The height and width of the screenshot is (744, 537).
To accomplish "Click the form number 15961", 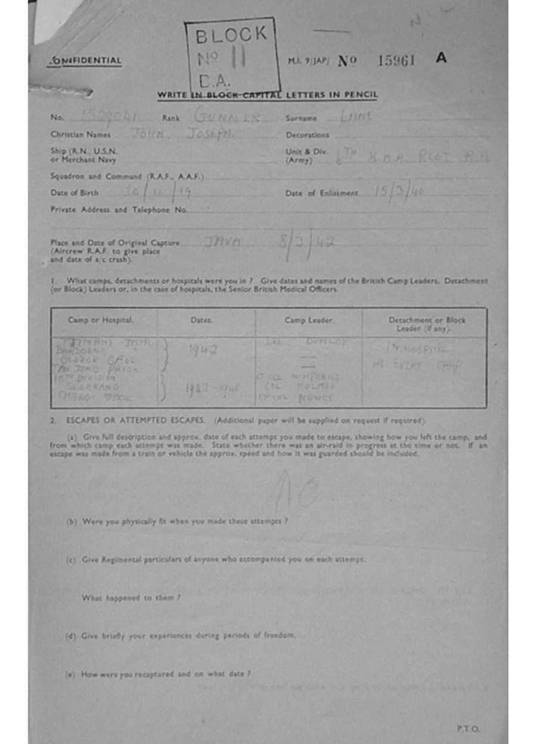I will pos(396,60).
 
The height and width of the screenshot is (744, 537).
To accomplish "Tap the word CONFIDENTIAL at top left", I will pos(85,61).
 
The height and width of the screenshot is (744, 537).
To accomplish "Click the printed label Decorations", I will pos(307,135).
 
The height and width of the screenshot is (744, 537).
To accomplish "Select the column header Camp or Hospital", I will pos(101,320).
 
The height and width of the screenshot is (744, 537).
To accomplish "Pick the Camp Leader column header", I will pos(308,320).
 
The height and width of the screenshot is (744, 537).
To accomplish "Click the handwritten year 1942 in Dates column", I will pos(203,349).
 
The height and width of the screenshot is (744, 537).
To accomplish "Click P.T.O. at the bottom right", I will pos(469,728).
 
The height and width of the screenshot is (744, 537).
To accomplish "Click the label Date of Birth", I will pos(74,193).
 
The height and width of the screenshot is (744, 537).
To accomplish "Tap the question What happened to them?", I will pos(131,597).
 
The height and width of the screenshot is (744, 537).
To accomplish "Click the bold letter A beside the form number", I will pos(441,58).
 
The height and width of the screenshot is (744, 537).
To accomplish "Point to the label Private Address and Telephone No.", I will pos(119,210).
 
